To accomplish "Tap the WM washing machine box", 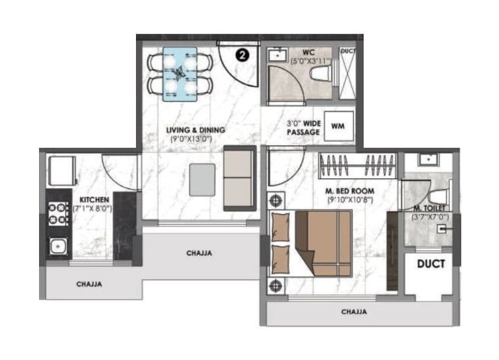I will point(338,124).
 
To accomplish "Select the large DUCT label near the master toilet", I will point(431,264).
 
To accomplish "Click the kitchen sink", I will point(57,246).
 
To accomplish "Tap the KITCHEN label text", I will point(95,199).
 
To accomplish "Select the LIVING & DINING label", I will point(195,130).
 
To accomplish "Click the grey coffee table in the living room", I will point(202,178).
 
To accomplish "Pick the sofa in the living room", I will point(239,178).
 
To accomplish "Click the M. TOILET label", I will point(427,208).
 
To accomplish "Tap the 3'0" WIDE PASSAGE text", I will point(303,127).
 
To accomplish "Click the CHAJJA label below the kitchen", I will point(88,284).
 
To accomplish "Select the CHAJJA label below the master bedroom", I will point(354,312).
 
